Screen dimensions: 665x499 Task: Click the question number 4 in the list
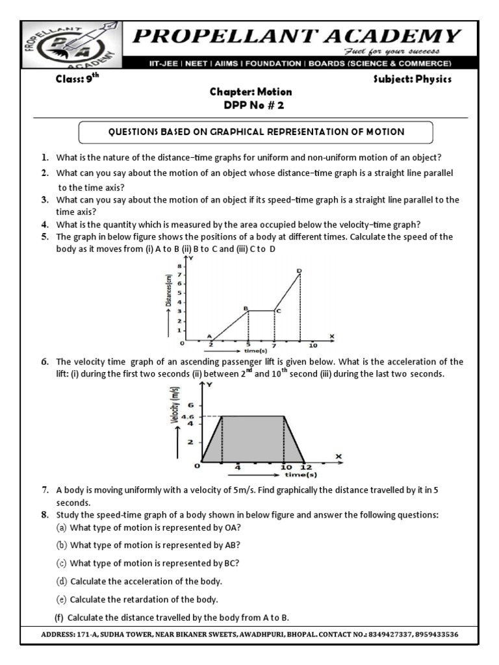click(x=45, y=225)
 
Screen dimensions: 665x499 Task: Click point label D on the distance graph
click(x=299, y=270)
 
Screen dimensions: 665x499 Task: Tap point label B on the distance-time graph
click(x=246, y=308)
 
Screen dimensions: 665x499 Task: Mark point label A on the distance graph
click(x=209, y=336)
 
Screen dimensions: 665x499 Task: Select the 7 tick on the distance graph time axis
click(x=274, y=345)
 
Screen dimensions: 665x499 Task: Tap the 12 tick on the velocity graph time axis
click(x=306, y=467)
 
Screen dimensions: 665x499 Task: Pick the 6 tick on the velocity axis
click(x=191, y=405)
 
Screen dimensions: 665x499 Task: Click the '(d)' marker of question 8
click(x=62, y=581)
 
